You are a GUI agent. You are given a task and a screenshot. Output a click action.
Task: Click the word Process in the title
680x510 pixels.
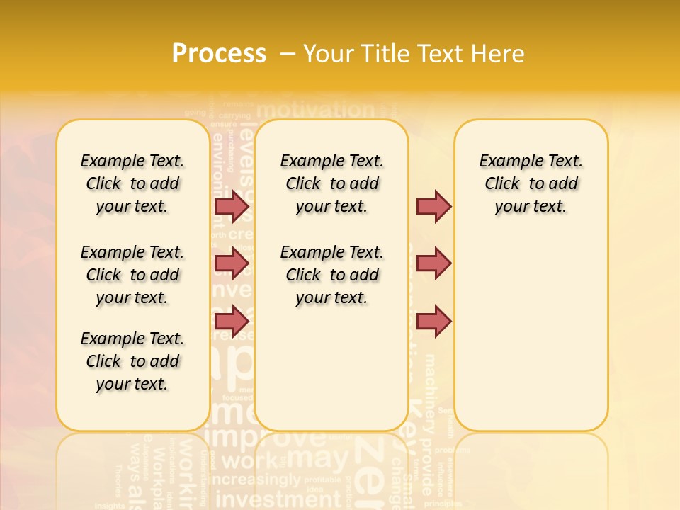pos(219,54)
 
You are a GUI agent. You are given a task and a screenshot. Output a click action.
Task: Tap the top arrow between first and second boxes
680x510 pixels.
pos(232,207)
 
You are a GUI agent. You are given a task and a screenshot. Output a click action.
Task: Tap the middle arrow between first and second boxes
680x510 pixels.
pos(232,263)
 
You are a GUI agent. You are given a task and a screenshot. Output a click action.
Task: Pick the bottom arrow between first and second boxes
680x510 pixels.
pos(232,321)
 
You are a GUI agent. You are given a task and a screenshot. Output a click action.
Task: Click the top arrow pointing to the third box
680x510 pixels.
pos(433,207)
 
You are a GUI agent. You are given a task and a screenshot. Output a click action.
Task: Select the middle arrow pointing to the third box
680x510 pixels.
pos(433,263)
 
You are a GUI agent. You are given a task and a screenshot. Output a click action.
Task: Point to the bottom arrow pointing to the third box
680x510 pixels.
pos(433,321)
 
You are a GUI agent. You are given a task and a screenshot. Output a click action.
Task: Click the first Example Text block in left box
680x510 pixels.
pos(132,183)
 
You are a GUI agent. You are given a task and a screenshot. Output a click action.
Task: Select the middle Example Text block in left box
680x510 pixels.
pos(132,275)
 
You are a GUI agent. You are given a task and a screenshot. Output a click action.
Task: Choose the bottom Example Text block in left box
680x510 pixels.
pos(132,361)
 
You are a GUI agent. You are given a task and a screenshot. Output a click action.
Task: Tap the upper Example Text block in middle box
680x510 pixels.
pos(332,183)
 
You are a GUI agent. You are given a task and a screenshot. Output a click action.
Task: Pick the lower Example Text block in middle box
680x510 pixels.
pos(332,275)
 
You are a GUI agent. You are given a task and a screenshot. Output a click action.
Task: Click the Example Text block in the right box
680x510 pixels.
pos(531,183)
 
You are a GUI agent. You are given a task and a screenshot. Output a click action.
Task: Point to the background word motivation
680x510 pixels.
pos(315,110)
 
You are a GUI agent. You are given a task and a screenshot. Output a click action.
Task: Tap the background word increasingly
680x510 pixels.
pos(262,480)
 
